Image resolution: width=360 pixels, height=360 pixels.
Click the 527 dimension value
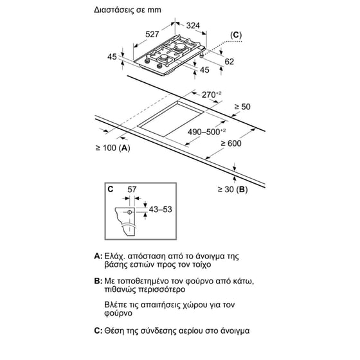coord(152,34)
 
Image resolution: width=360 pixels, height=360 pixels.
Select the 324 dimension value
coord(193,26)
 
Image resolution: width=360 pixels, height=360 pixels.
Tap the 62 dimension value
coord(229,62)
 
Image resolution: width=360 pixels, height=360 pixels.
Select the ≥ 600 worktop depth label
coord(231,143)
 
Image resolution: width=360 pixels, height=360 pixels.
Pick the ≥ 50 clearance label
coord(242,107)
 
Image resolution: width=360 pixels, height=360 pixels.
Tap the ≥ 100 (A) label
coord(113,148)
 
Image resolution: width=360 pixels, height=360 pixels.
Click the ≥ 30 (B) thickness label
coord(233,190)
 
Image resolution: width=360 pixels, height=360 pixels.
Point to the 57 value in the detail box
coord(132,190)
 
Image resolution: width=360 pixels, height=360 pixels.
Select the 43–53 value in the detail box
coord(161,209)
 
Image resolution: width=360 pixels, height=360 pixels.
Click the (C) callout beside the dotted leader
coord(236,35)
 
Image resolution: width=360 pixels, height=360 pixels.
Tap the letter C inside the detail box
coord(111,189)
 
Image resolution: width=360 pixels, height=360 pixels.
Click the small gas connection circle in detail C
coord(129,212)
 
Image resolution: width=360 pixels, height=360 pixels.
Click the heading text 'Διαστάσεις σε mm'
coord(127,10)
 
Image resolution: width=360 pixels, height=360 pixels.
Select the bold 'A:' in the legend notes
coord(98,256)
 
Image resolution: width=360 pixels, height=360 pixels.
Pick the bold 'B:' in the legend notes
coord(98,281)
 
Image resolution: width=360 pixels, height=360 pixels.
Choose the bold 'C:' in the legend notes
coord(98,331)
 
